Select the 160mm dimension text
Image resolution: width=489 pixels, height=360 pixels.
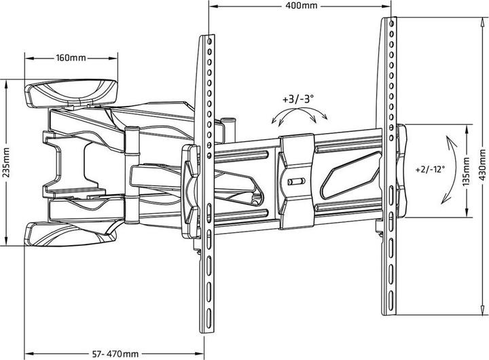(71, 58)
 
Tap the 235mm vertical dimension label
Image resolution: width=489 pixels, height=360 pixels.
(5, 162)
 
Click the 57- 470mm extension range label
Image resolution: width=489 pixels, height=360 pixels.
(114, 354)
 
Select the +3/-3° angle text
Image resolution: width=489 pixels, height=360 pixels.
(296, 98)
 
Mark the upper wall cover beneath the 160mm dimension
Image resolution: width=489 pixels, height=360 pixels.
(71, 92)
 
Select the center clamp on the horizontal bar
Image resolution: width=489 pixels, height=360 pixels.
(297, 180)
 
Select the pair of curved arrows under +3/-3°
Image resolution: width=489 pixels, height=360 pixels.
(296, 117)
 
